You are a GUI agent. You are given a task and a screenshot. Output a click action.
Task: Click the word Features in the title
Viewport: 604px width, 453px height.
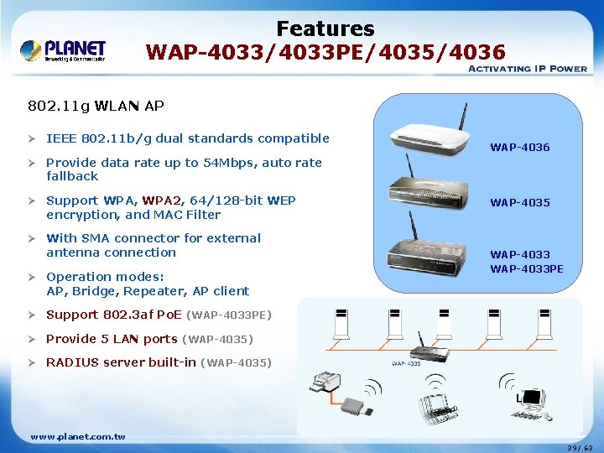coord(325,29)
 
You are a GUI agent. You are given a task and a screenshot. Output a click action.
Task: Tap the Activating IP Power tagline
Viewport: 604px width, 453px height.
coord(526,69)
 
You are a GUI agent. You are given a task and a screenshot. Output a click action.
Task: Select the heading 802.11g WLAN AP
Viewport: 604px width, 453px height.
coord(96,107)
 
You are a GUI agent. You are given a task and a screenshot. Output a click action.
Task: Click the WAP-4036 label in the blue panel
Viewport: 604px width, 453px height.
coord(520,148)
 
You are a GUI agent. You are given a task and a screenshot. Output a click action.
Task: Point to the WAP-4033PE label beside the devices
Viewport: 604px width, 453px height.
coord(527,269)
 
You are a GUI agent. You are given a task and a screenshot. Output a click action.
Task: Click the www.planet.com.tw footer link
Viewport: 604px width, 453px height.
coord(77,437)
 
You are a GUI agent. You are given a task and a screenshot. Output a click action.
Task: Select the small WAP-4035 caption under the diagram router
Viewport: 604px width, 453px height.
coord(406,364)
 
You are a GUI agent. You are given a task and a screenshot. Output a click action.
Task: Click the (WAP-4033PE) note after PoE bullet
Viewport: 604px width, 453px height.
coord(228,315)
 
